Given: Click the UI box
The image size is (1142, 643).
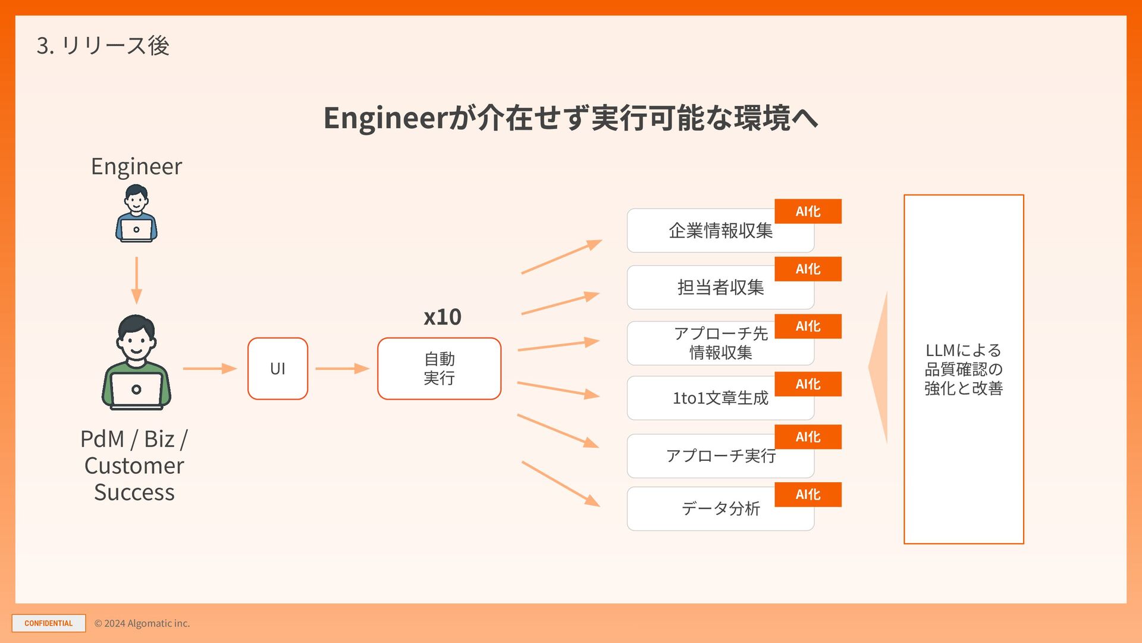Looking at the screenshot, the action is coord(277,369).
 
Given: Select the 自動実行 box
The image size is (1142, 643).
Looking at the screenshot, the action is coord(439,369).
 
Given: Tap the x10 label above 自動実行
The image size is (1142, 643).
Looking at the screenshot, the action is coord(442,317).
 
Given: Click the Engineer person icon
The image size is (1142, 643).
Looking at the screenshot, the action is coord(136,213).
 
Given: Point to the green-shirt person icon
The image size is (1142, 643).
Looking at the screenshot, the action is coord(136,363).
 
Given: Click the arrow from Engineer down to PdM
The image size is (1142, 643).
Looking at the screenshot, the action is coord(136,280).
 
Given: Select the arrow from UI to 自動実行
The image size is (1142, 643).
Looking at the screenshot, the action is coord(342,369).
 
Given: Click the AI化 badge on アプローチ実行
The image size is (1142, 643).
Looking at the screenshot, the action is coord(808,437).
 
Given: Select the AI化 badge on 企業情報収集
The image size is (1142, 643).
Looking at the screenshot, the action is coord(808,211).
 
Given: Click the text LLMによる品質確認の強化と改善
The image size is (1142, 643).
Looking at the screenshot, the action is coord(964,369).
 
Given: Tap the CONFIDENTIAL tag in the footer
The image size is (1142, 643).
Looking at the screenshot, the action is coord(49,623).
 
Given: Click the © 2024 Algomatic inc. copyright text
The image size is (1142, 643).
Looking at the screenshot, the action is coord(142,623).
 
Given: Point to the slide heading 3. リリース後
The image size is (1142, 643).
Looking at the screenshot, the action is coord(103,46).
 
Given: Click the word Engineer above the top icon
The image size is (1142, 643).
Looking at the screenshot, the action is coord(136,166).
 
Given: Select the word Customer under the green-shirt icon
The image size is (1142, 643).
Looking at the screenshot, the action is coord(134,466).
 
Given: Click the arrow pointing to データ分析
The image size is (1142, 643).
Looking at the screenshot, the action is coord(560,484).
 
